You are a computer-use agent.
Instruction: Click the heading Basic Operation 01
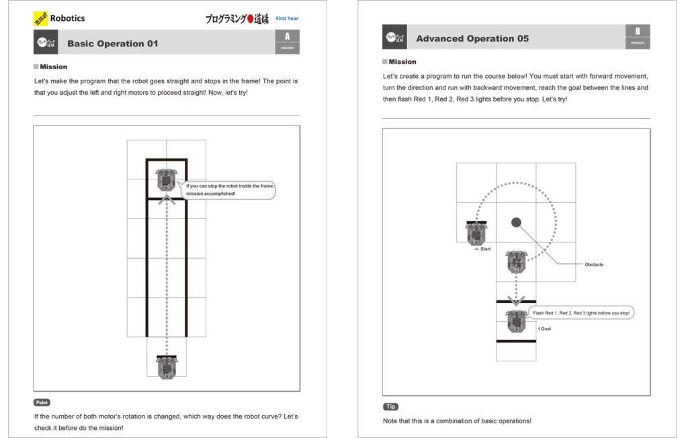coord(112,44)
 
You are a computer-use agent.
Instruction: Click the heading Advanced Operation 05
coord(472,38)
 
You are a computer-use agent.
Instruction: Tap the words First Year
coord(287,19)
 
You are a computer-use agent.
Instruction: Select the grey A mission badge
coord(288,41)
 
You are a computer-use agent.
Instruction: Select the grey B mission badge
coord(638,36)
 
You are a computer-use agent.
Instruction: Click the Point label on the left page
coord(42,402)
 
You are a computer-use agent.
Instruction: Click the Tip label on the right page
coord(390,407)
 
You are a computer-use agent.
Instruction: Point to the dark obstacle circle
coord(516,222)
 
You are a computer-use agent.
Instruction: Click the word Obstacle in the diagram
coord(594,264)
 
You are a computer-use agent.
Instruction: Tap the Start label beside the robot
coord(484,249)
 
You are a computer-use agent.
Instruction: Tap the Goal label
coord(546,328)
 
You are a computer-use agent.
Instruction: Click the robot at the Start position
coord(476,232)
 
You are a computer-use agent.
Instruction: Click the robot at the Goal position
coord(516,321)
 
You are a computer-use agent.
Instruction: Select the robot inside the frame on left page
coord(166,181)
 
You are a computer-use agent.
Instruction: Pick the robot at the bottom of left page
coord(167,366)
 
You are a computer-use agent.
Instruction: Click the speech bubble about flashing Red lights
coord(581,313)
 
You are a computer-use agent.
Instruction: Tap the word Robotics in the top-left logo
coord(67,18)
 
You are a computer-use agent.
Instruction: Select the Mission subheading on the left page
coord(53,67)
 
